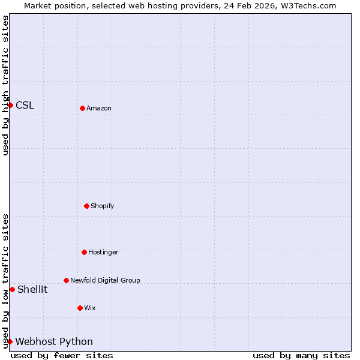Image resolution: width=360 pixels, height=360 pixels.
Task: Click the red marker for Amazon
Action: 82,108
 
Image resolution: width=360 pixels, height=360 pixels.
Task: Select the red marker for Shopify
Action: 86,206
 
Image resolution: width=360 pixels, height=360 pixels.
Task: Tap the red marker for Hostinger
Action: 84,252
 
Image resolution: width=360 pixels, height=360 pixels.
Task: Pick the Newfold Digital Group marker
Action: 66,280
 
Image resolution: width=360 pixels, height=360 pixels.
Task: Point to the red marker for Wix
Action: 80,308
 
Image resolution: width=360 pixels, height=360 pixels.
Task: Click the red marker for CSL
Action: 10,105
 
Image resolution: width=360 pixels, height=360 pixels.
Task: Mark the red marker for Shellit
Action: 12,289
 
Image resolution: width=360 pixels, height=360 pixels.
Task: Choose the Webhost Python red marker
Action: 10,341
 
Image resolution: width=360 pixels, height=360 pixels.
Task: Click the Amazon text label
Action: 99,108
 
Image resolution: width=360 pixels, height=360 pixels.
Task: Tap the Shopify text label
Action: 103,206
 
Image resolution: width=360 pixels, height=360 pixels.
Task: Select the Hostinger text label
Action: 103,252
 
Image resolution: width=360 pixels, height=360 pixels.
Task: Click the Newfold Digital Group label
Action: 105,280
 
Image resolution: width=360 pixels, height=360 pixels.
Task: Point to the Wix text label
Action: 90,308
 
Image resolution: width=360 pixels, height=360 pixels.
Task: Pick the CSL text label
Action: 25,106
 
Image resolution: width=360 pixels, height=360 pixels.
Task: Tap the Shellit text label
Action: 32,290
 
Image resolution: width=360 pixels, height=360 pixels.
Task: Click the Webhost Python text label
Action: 54,342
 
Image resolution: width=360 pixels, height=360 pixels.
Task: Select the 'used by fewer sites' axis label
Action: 62,355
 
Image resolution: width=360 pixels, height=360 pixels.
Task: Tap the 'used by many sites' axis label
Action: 301,355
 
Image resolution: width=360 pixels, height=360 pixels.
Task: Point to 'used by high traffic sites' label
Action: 5,85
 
